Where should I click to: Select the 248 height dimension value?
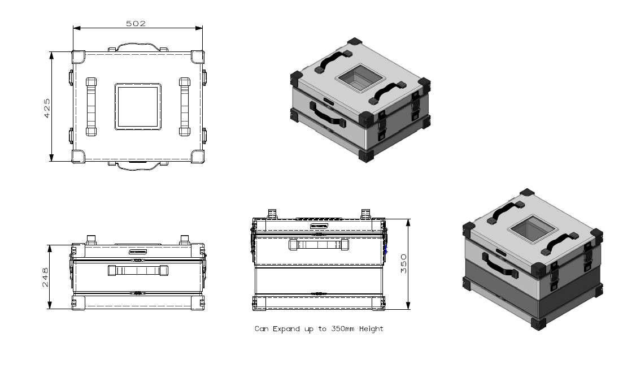coord(46,277)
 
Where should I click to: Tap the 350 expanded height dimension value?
coord(403,264)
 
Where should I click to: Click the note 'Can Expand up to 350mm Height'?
coord(319,329)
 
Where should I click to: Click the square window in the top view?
coord(138,107)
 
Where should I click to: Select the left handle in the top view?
coord(91,107)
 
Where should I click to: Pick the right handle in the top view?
coord(184,107)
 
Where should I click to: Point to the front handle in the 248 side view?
coord(138,271)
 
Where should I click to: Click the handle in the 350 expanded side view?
coord(318,245)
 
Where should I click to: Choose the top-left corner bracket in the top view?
coord(79,57)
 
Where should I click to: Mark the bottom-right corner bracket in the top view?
coord(198,157)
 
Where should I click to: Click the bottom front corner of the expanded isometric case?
coord(537,323)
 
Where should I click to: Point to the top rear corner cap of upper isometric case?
coord(354,42)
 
